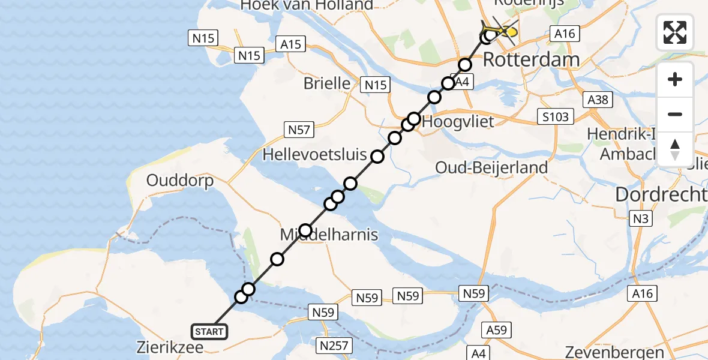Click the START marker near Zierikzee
pos(209,331)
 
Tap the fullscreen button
pos(675,32)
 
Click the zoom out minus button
pos(675,114)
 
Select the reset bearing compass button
pos(675,149)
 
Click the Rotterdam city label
pos(531,59)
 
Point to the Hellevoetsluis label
pos(315,155)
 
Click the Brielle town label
pos(326,83)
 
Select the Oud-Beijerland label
pos(492,167)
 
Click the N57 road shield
pos(299,129)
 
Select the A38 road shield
pos(598,100)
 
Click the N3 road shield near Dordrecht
pos(640,220)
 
